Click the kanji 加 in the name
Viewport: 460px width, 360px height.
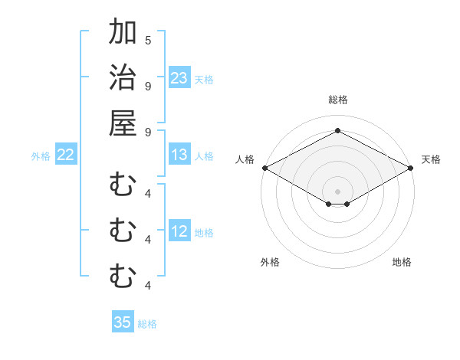(x=123, y=32)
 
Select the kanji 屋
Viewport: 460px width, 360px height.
(x=123, y=123)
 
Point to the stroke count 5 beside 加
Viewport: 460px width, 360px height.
(x=148, y=40)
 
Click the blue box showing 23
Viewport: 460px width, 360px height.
(x=179, y=78)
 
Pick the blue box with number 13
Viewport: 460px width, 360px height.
(x=179, y=155)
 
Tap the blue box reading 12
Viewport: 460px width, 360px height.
(x=179, y=231)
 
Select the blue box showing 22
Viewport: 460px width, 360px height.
(x=65, y=155)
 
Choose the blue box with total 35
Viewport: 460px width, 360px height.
(x=123, y=322)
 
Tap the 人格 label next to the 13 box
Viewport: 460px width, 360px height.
(x=204, y=156)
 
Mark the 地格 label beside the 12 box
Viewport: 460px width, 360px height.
(x=204, y=233)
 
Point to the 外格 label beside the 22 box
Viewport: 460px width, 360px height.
(x=41, y=156)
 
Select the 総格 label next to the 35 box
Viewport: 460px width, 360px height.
(x=147, y=324)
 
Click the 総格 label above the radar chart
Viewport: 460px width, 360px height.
(x=337, y=100)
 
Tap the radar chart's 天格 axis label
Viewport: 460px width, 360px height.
(x=431, y=159)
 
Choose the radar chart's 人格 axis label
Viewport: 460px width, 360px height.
(x=245, y=159)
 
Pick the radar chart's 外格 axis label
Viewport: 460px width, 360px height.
(x=270, y=262)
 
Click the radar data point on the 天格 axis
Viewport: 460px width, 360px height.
(x=411, y=168)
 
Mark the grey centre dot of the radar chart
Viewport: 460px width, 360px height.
(x=337, y=190)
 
